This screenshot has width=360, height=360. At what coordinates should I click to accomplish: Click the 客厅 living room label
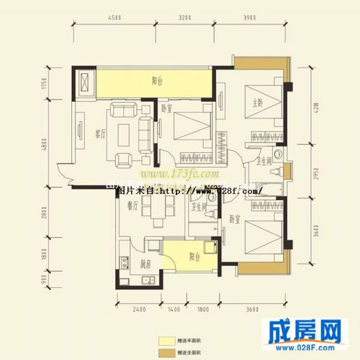[x=100, y=133]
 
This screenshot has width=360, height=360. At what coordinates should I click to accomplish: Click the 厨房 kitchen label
[x=145, y=264]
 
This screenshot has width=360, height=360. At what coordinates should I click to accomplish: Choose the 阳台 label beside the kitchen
[x=194, y=256]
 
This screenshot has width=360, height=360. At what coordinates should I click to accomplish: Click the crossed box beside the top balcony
[x=86, y=84]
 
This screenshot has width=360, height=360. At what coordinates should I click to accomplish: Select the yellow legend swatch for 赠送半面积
[x=165, y=340]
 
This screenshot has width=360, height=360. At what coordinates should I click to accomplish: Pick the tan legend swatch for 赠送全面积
[x=165, y=352]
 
